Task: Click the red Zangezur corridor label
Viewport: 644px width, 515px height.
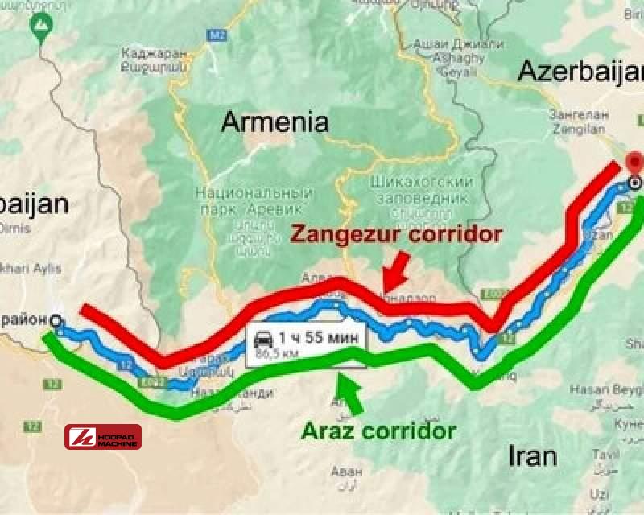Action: (396, 234)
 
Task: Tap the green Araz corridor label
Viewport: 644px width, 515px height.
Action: (378, 431)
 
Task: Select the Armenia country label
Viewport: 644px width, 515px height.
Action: (275, 122)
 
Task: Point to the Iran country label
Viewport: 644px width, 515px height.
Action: (533, 456)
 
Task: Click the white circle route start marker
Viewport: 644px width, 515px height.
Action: (55, 321)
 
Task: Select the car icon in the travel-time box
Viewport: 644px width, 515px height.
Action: (262, 340)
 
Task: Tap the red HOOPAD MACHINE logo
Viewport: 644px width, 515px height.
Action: (103, 437)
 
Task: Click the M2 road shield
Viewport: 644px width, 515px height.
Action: (215, 35)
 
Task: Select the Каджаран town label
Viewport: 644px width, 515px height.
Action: (153, 56)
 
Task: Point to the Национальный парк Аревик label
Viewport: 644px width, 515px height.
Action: (254, 201)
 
